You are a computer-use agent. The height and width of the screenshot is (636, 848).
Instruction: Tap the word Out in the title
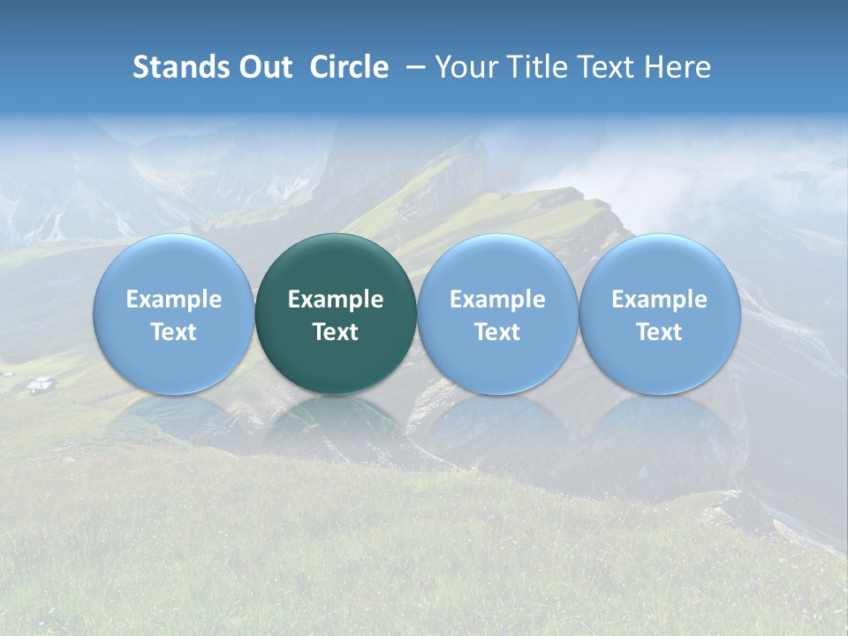pos(264,67)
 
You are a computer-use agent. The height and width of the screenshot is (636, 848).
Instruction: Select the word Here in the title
pos(677,67)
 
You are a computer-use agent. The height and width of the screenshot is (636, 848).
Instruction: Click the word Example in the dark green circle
pos(336,299)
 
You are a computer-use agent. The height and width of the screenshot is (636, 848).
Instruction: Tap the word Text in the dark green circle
pos(336,332)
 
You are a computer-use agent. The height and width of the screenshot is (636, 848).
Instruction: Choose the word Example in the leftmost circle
pos(174,299)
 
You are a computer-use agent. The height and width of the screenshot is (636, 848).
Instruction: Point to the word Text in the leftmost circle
pos(174,332)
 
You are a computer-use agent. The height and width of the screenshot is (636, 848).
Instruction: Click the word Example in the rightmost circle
pos(659,299)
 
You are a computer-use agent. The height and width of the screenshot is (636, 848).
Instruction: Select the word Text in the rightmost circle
pos(659,332)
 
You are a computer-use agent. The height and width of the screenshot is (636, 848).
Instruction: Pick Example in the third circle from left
pos(497,299)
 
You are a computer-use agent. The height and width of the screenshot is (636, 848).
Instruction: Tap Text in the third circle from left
pos(497,332)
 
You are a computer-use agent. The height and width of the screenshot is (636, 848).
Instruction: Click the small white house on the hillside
pos(41,384)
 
